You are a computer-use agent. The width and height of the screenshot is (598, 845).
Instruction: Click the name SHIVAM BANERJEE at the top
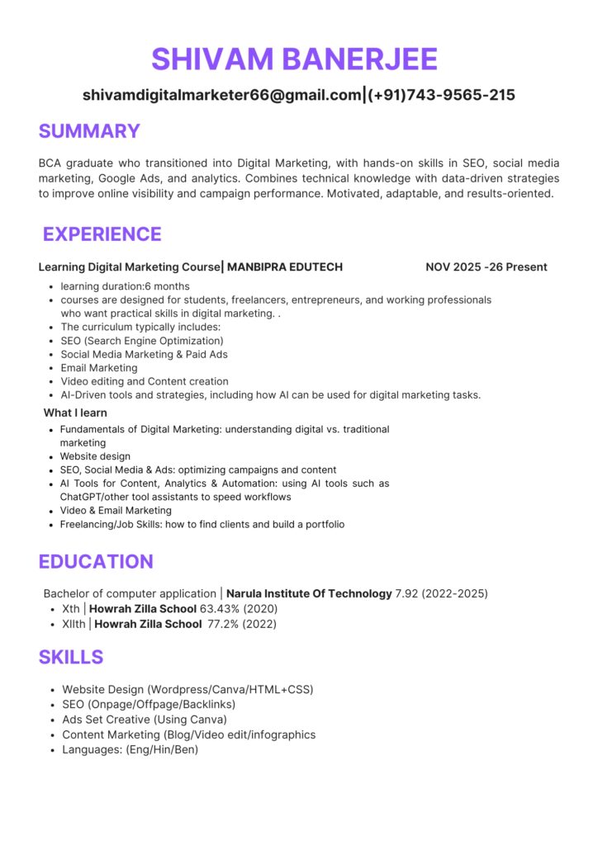point(294,59)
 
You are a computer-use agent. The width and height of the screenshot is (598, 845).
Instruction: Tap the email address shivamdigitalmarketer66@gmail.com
point(222,95)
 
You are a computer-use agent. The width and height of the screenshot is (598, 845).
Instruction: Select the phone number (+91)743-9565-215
point(442,95)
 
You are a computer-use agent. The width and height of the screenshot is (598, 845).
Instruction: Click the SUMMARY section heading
point(89,131)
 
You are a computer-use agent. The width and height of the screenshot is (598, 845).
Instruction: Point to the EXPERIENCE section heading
point(102,234)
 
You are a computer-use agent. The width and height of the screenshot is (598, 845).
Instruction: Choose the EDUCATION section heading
point(96,562)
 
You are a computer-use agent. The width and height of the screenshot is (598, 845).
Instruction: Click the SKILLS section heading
point(71,657)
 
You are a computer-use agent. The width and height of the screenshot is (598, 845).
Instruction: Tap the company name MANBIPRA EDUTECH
point(285,267)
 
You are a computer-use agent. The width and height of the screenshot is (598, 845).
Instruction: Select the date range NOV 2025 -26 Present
point(486,267)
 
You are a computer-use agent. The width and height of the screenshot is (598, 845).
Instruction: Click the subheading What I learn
point(75,413)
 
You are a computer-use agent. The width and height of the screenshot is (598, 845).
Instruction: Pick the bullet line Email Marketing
point(99,368)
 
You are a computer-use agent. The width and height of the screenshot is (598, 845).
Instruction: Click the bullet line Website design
point(95,456)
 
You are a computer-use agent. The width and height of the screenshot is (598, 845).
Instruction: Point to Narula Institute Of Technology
point(309,593)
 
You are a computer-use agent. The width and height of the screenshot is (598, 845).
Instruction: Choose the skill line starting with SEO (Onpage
point(149,704)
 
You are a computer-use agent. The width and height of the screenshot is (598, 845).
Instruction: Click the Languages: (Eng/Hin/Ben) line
point(131,750)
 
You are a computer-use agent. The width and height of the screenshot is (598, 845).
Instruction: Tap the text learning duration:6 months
point(125,286)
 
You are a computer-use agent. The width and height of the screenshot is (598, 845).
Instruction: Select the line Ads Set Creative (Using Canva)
point(145,720)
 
